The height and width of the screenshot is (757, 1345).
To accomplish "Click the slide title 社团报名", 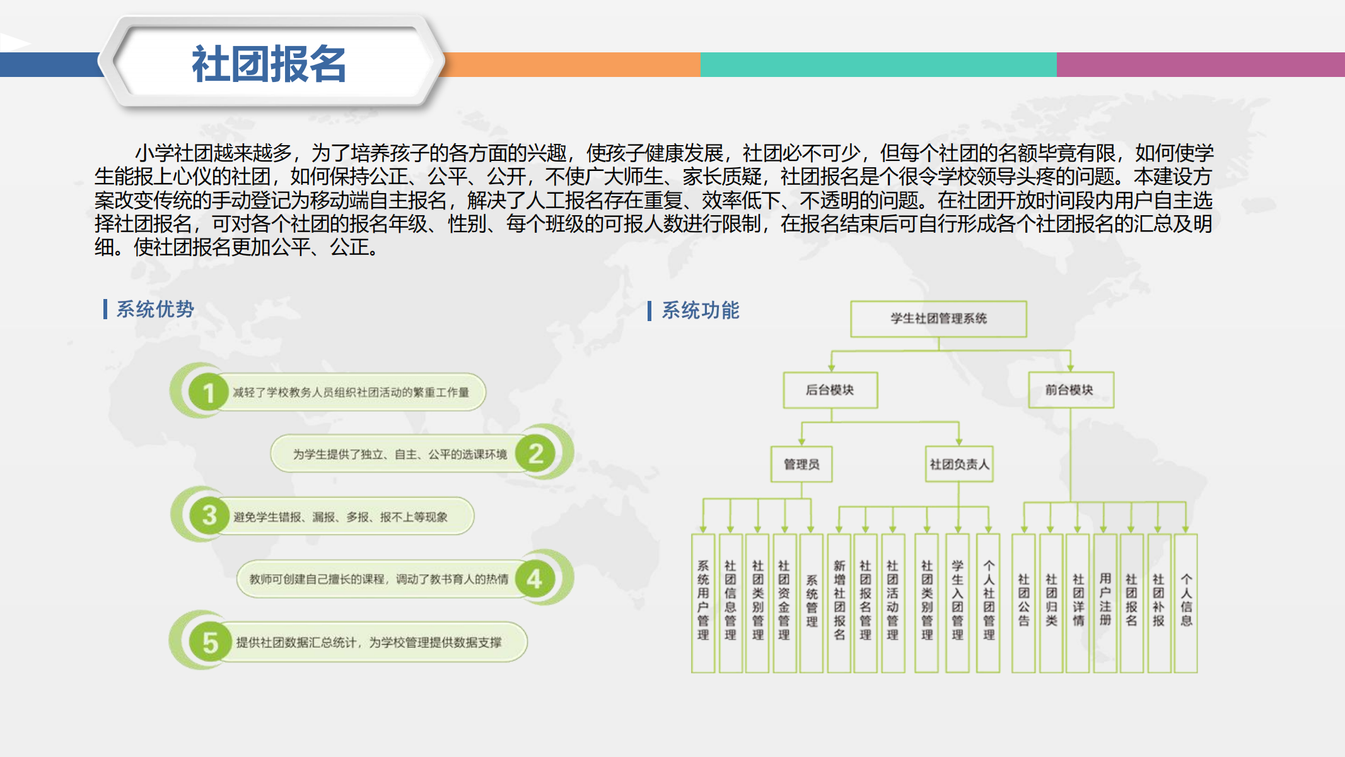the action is [x=269, y=64].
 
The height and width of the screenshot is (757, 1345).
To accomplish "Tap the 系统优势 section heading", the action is [x=155, y=309].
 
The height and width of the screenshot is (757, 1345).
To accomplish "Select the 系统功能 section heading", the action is [x=701, y=310].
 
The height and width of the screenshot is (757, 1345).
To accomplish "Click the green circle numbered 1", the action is [x=208, y=392].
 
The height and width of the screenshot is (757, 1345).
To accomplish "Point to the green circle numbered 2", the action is [x=535, y=453].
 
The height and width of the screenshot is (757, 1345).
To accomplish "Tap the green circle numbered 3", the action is [x=209, y=515].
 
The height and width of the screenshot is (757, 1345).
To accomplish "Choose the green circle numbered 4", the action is [x=535, y=578].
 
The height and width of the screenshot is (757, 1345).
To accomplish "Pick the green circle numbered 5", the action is [x=209, y=642].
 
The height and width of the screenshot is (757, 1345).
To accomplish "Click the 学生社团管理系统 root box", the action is [x=938, y=319].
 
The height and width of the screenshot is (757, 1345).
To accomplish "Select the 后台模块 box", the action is [x=830, y=390].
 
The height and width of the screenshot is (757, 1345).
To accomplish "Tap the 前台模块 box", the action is [x=1071, y=390].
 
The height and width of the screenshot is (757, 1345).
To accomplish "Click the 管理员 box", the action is [x=801, y=464].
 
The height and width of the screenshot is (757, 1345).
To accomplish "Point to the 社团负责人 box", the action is [x=959, y=464].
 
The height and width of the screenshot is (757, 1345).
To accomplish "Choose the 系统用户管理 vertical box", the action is [x=703, y=603].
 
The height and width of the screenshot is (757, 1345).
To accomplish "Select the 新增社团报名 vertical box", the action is [x=839, y=603].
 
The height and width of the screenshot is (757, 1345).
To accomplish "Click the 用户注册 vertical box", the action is [x=1105, y=603].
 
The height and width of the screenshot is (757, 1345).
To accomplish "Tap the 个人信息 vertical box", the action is [x=1186, y=603].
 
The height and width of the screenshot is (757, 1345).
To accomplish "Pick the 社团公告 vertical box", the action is [x=1023, y=603].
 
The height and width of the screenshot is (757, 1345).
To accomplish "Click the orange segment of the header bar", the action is [x=573, y=64].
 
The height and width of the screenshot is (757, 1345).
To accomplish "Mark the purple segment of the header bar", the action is [x=1201, y=64].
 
